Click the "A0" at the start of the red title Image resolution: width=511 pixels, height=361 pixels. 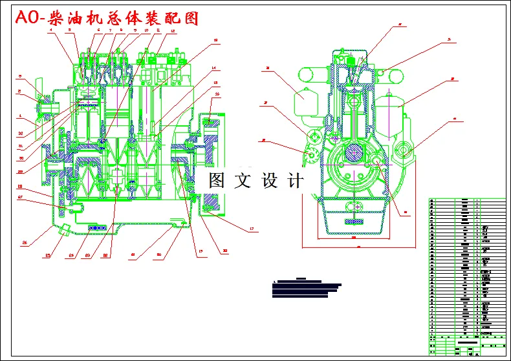[28, 19]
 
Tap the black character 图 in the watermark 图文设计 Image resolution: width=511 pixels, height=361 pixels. [216, 181]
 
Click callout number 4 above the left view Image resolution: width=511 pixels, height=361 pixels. [50, 38]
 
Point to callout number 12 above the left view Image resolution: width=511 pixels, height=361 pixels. [173, 31]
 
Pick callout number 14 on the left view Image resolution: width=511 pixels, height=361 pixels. [214, 68]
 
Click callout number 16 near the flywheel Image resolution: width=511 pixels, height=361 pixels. [217, 94]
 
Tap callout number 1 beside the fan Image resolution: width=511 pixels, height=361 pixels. [21, 117]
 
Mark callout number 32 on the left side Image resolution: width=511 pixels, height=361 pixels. [21, 134]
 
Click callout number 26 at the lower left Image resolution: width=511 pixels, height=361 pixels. [25, 243]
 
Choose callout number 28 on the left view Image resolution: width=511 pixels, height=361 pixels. [20, 187]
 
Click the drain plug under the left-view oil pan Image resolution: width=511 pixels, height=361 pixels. [65, 229]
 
